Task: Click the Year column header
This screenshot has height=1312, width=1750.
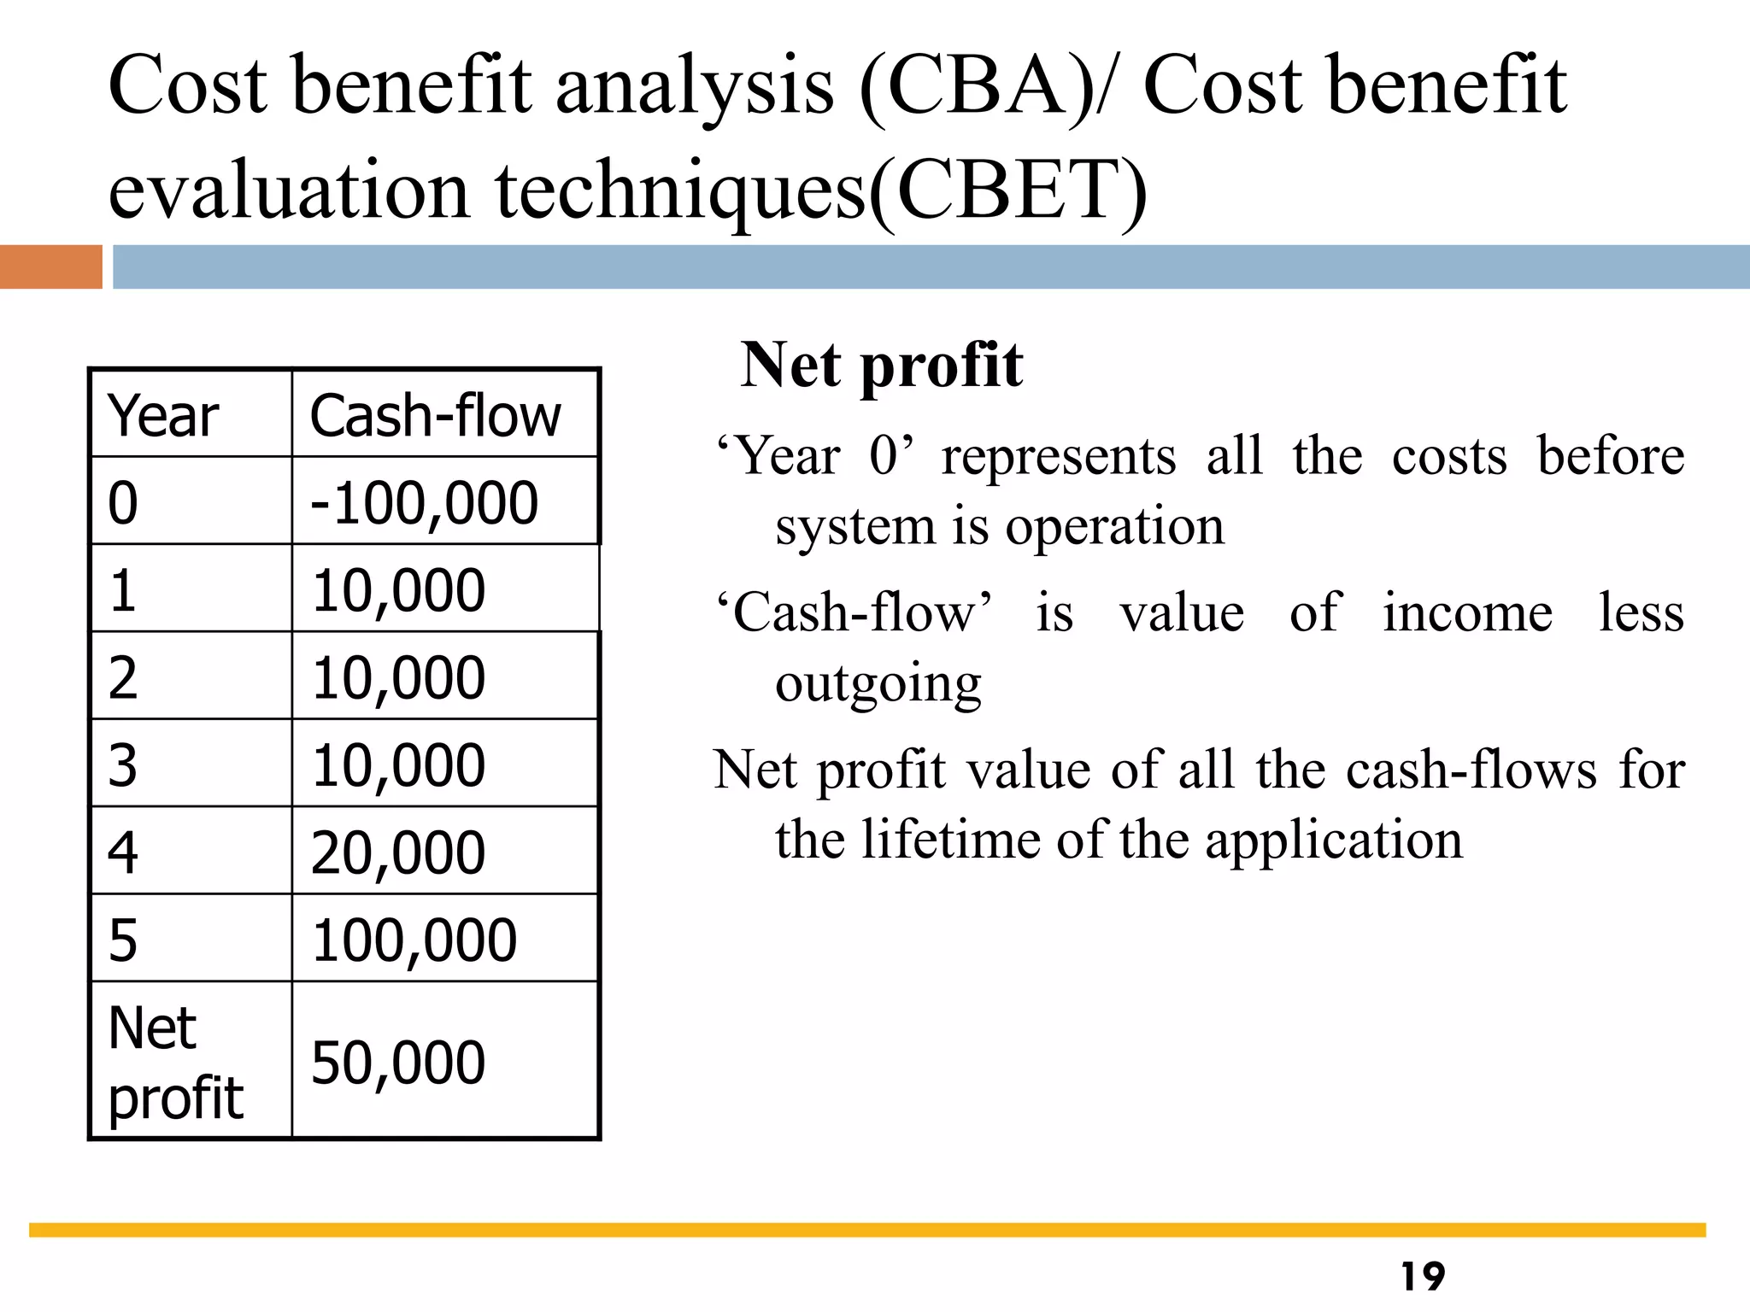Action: (x=163, y=416)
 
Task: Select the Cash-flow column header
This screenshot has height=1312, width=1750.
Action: (x=435, y=416)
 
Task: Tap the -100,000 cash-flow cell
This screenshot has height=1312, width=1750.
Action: (x=425, y=502)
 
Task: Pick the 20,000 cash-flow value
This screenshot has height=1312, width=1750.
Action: (x=398, y=852)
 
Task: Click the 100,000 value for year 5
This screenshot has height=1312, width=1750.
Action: (x=414, y=940)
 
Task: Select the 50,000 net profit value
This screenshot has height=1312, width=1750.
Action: (x=398, y=1063)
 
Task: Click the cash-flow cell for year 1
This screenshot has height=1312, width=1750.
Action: (x=398, y=590)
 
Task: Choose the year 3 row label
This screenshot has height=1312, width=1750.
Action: (x=123, y=765)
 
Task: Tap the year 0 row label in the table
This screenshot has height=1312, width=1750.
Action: (x=123, y=502)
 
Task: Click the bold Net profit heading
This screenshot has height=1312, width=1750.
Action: (x=881, y=366)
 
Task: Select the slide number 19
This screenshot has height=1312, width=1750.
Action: (x=1423, y=1276)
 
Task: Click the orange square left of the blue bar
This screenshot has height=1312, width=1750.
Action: (x=50, y=266)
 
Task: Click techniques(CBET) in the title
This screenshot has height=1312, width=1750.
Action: (x=821, y=190)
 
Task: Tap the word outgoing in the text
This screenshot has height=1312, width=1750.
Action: (x=878, y=683)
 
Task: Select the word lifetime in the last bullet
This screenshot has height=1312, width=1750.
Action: (x=951, y=840)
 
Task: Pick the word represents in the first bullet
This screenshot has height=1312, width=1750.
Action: (x=1059, y=456)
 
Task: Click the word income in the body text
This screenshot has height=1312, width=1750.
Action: (x=1467, y=613)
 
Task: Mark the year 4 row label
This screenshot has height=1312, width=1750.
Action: (x=123, y=852)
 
